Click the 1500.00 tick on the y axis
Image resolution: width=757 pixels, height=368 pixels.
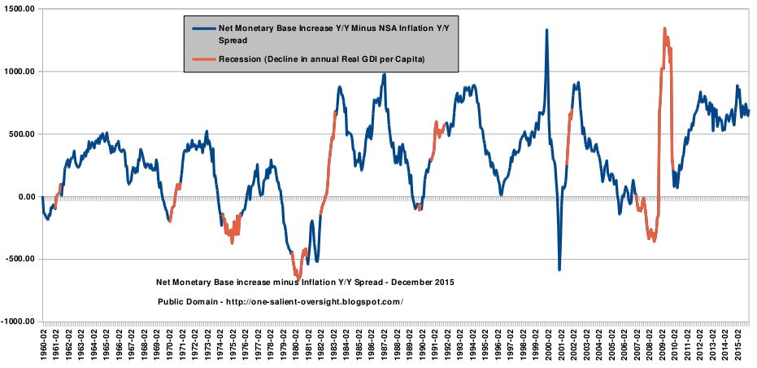tap(20, 9)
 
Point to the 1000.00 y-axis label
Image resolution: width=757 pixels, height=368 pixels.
tap(20, 72)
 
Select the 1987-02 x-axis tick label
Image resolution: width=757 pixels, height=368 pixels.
tap(383, 345)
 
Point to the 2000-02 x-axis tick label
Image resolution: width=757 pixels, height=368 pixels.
tap(546, 345)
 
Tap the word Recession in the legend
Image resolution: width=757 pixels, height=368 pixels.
tap(241, 59)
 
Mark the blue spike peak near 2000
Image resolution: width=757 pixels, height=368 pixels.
tap(546, 30)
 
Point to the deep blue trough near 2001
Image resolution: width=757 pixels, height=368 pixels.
tap(559, 269)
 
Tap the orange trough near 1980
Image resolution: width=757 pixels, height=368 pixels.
tap(297, 278)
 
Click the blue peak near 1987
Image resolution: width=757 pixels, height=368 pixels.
tap(385, 75)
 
